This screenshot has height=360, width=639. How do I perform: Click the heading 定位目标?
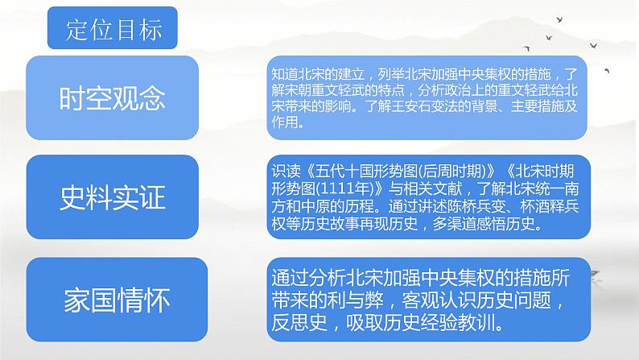[x=113, y=30]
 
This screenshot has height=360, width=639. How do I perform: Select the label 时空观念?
[x=112, y=98]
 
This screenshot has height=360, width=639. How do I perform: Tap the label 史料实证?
[x=113, y=198]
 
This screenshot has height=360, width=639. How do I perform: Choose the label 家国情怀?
[x=117, y=300]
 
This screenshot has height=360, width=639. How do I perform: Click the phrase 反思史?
[x=299, y=323]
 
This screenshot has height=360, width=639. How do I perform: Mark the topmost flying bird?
[x=560, y=19]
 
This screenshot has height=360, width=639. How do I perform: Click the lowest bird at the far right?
[x=607, y=71]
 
